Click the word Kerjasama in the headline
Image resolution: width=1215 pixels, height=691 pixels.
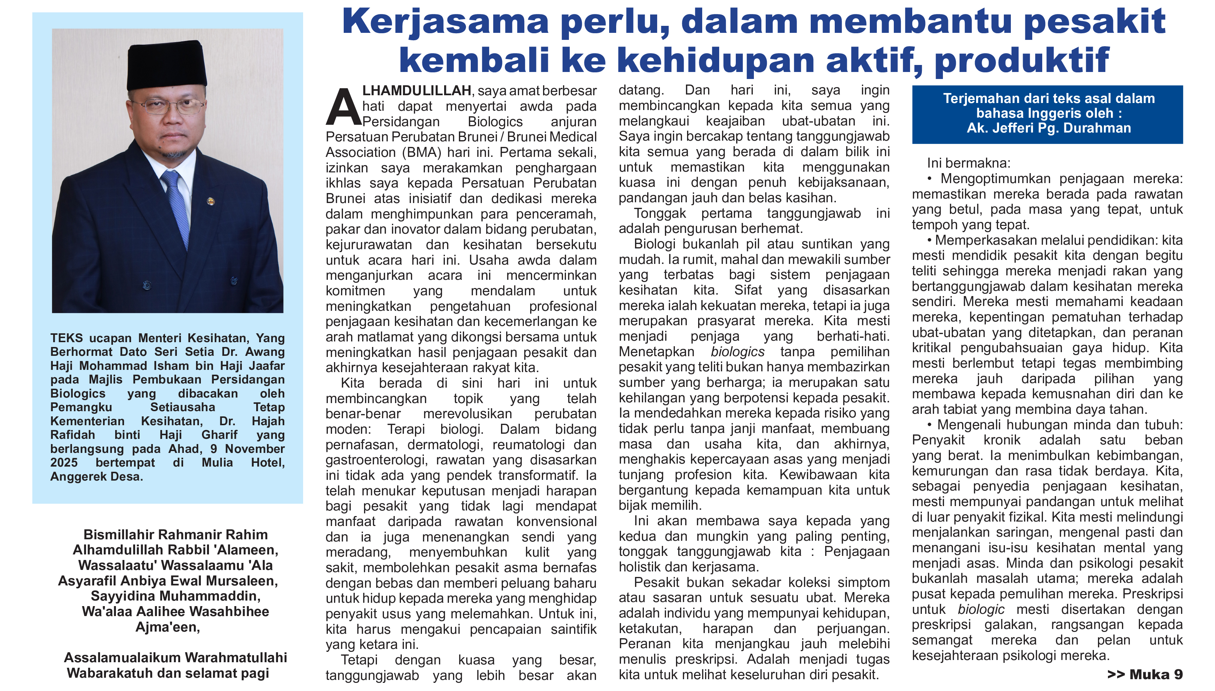pyautogui.click(x=445, y=22)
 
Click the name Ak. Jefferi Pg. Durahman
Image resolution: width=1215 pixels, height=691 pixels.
pyautogui.click(x=1048, y=128)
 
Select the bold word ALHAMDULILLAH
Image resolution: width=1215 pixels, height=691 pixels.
pyautogui.click(x=416, y=91)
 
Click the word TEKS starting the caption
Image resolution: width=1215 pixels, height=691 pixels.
pyautogui.click(x=66, y=338)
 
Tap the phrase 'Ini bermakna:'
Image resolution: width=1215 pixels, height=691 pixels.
pyautogui.click(x=968, y=163)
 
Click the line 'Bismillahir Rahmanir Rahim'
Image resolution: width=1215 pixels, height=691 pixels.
pyautogui.click(x=176, y=534)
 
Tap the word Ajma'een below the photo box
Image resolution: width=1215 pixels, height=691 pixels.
pyautogui.click(x=168, y=628)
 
